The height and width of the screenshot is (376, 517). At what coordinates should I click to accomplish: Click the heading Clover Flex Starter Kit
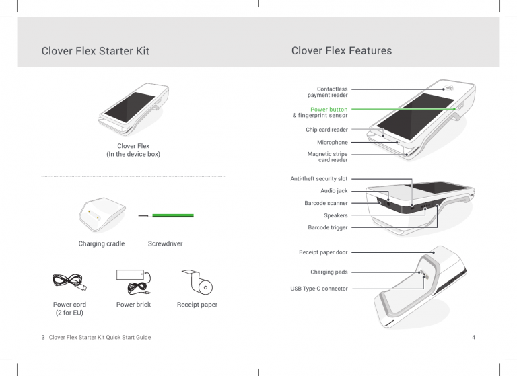tap(95, 51)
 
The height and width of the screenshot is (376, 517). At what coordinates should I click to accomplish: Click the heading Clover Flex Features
tap(341, 51)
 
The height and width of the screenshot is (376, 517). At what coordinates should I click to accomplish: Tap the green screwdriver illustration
tap(170, 216)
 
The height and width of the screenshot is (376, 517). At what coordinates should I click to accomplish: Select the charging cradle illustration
tap(101, 215)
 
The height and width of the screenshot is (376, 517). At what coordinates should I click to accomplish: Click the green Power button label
tap(329, 109)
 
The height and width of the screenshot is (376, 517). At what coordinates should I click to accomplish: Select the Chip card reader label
tap(326, 130)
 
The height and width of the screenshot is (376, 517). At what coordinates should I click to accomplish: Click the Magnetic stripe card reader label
tap(327, 157)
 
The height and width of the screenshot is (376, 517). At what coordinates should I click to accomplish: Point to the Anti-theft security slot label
tap(318, 179)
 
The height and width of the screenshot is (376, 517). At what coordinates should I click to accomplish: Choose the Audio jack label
tap(334, 191)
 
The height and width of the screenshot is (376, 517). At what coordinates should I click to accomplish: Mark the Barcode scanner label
tap(326, 203)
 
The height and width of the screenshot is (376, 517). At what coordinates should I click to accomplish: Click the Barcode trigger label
tap(327, 228)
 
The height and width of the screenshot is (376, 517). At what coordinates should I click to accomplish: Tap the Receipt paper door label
tap(323, 252)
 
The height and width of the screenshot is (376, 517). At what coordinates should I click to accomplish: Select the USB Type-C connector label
tap(320, 289)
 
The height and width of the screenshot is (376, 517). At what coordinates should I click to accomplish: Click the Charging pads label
tap(329, 272)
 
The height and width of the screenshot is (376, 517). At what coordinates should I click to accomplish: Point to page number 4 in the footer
tap(474, 336)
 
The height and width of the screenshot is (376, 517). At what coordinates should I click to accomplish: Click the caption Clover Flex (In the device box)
tap(133, 150)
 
